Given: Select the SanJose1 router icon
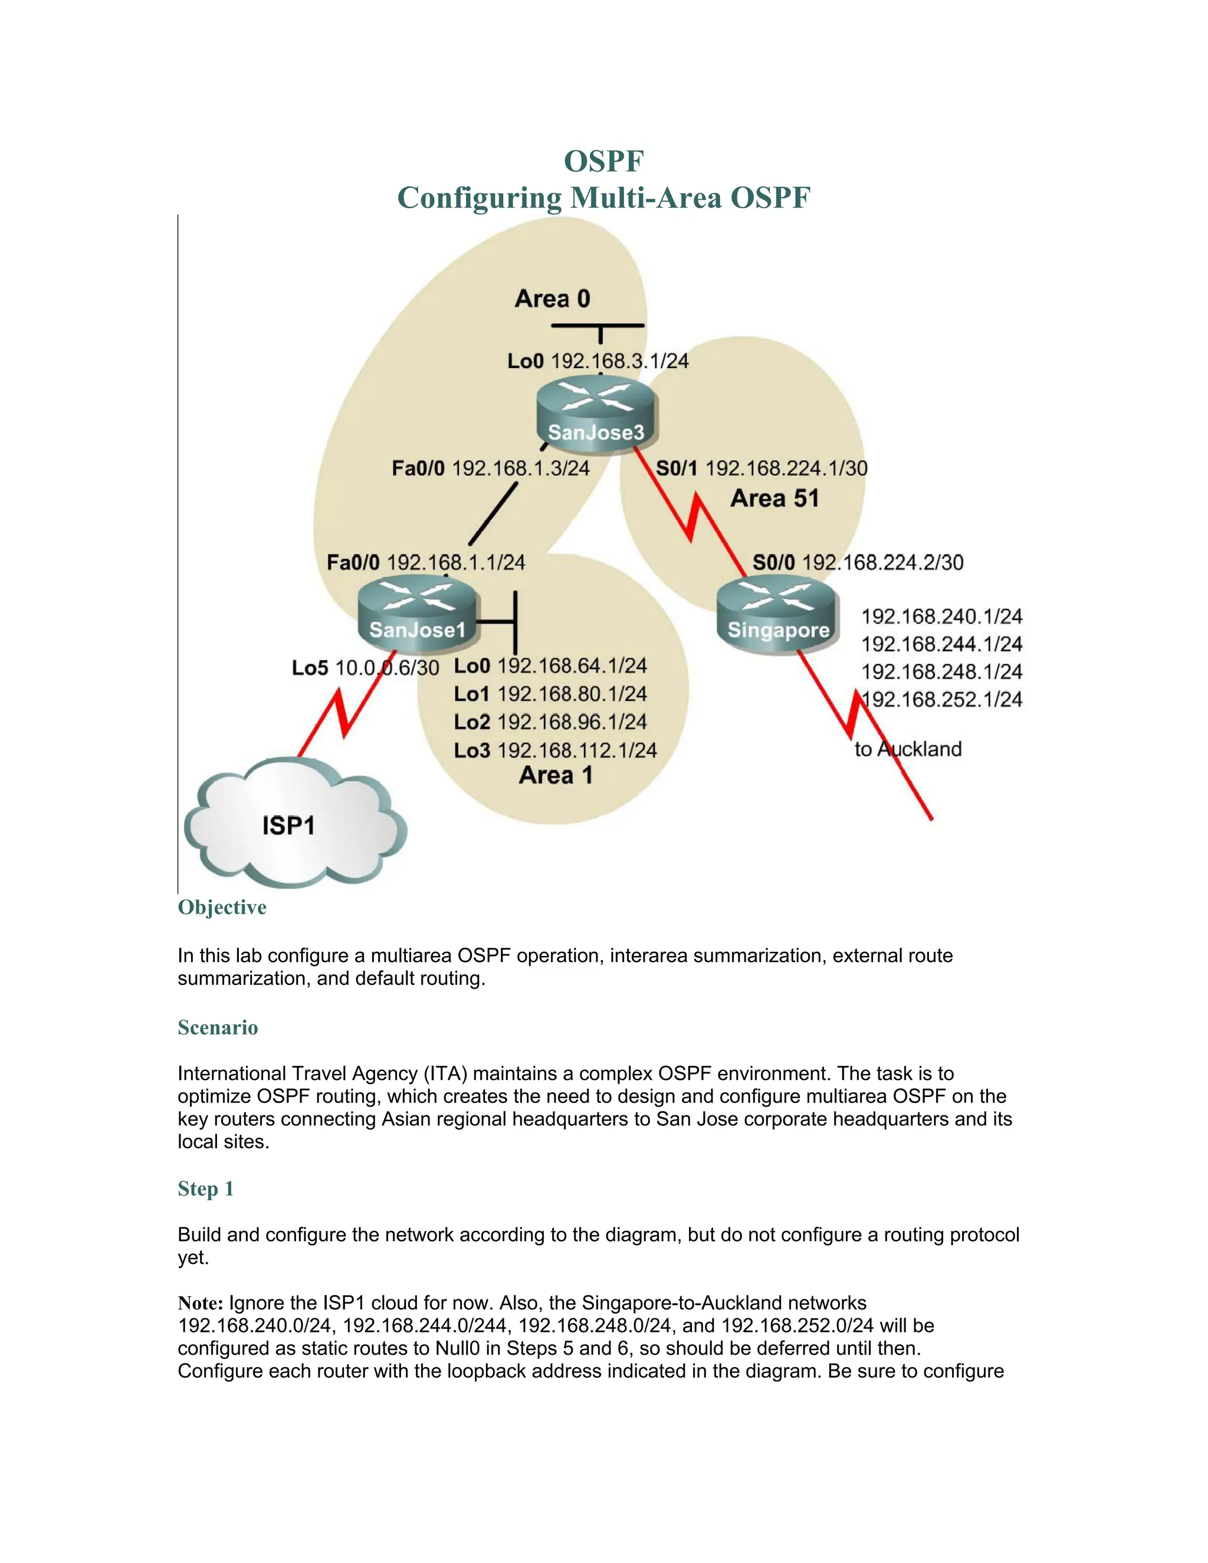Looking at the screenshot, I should (x=417, y=613).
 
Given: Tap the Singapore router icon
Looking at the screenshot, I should (x=777, y=614).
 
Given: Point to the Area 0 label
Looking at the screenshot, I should (x=553, y=298).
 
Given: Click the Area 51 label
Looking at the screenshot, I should (x=774, y=498).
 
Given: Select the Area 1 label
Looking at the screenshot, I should (x=556, y=775).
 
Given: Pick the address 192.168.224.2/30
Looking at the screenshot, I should (x=882, y=563).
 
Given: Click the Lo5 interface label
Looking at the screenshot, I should (x=310, y=668).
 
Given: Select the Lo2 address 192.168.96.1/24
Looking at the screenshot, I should (x=572, y=722).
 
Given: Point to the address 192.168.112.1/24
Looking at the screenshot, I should (x=577, y=750).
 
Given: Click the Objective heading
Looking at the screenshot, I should (x=222, y=908).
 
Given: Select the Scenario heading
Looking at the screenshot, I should (x=218, y=1027).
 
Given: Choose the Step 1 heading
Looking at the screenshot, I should (x=205, y=1188).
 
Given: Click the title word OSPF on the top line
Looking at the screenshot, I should (x=604, y=161).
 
